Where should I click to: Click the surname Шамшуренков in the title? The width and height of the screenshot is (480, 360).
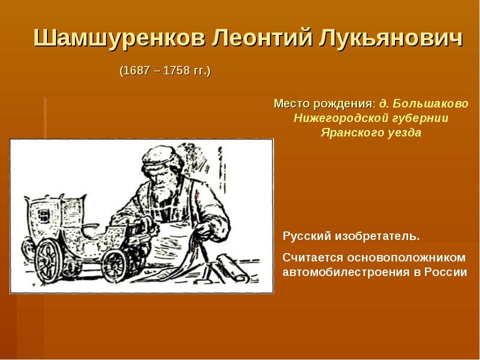(x=119, y=39)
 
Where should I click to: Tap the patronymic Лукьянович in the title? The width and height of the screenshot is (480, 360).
(x=390, y=38)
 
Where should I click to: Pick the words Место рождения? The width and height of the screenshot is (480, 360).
(x=323, y=104)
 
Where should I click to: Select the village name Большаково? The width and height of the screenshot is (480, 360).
(x=430, y=104)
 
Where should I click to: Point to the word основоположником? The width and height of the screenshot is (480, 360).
(x=406, y=257)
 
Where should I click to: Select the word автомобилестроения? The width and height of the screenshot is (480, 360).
(x=346, y=272)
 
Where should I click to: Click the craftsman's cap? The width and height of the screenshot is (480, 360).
(x=160, y=156)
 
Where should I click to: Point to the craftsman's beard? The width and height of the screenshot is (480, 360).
(x=164, y=190)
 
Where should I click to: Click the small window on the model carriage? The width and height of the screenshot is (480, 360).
(x=44, y=214)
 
